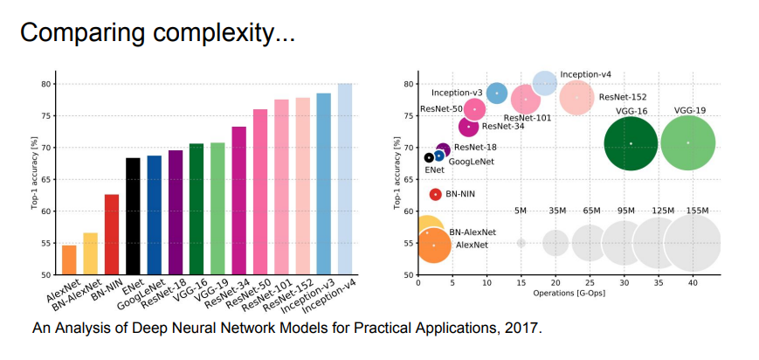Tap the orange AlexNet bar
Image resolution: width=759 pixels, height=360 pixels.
point(69,260)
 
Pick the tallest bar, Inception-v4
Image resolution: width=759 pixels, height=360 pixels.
point(345,179)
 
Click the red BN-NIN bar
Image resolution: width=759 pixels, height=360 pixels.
point(112,234)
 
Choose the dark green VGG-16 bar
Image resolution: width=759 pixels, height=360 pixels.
point(197,209)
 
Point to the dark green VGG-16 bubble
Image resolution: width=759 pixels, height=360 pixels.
point(631,143)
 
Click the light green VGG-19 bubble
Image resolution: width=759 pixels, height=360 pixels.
point(688,142)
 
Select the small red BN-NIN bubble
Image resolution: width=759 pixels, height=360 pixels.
point(435,194)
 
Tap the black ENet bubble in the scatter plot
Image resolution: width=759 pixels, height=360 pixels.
point(429,158)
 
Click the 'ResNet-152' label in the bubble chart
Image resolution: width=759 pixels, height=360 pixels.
point(623,97)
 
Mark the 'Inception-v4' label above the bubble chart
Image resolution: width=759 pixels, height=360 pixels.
point(585,75)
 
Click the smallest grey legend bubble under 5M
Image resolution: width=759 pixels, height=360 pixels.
point(521,243)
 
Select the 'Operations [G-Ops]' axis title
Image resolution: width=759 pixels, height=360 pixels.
point(569,293)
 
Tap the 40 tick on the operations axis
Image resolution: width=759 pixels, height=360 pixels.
point(693,283)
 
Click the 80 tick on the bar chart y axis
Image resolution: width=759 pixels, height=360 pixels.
point(44,84)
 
